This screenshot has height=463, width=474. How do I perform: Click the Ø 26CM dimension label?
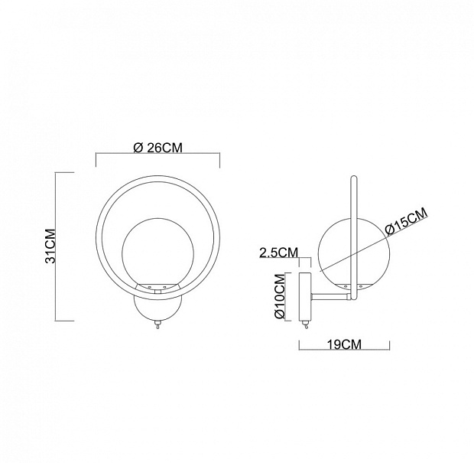(x=157, y=148)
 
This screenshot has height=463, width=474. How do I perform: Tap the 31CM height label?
(x=50, y=246)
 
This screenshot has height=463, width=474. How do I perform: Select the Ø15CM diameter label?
(x=407, y=222)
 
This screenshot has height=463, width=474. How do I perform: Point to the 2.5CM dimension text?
(x=279, y=252)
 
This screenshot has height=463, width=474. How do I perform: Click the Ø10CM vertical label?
(x=280, y=296)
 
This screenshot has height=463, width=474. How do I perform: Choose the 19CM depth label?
(x=344, y=344)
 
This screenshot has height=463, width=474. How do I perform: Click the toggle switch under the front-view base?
(x=157, y=325)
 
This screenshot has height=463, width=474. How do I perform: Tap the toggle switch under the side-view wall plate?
(x=307, y=325)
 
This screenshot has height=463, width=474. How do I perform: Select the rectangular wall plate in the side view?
(x=305, y=297)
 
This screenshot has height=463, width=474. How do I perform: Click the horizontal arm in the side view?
(x=330, y=298)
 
